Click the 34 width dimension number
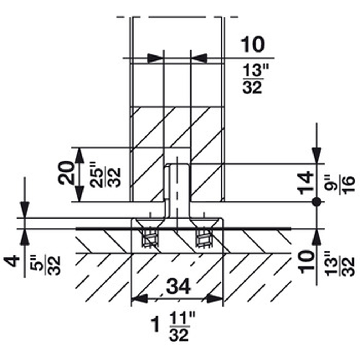click(x=179, y=286)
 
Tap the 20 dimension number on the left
click(x=66, y=173)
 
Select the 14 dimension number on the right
click(x=306, y=183)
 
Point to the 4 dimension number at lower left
click(x=12, y=261)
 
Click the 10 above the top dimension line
click(x=252, y=44)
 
